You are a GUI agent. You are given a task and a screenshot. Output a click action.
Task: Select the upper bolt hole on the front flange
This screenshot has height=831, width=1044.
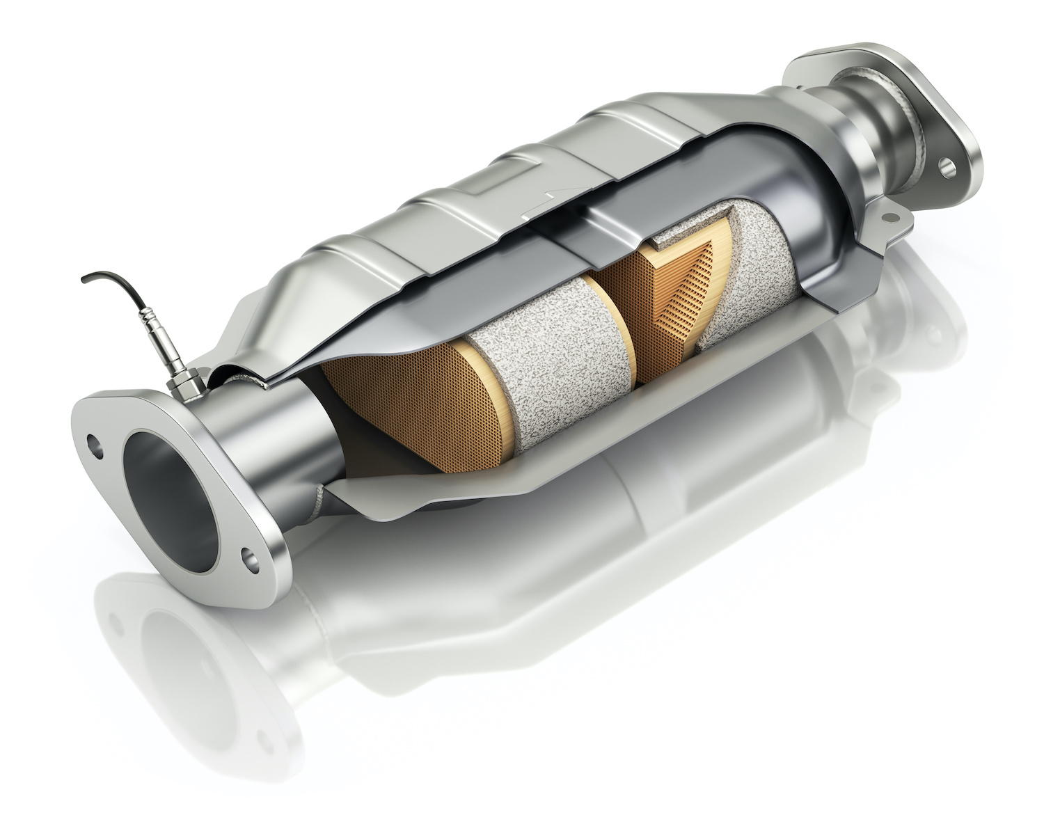click(x=92, y=441)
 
